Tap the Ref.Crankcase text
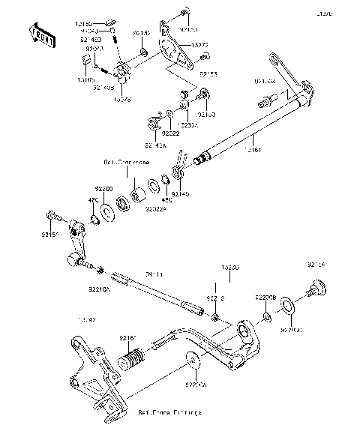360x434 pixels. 125,162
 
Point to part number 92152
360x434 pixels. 142,34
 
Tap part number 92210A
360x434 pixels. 97,287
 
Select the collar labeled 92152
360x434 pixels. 142,55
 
